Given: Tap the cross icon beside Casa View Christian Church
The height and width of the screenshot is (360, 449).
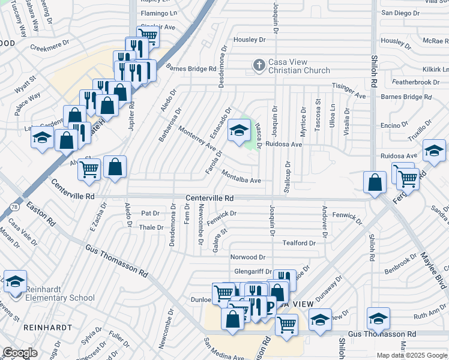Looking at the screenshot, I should [x=259, y=65].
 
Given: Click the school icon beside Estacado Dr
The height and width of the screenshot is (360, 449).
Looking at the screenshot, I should [x=239, y=131].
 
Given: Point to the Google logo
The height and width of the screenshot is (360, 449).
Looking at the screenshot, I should [x=20, y=353].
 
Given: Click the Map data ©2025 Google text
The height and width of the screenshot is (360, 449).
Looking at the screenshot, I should [x=412, y=355].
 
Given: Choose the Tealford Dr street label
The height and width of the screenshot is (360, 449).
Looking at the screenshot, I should [x=299, y=243].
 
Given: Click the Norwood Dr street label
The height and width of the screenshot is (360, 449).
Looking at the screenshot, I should [x=247, y=257].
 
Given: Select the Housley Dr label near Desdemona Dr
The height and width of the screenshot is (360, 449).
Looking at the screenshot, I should [x=249, y=40].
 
